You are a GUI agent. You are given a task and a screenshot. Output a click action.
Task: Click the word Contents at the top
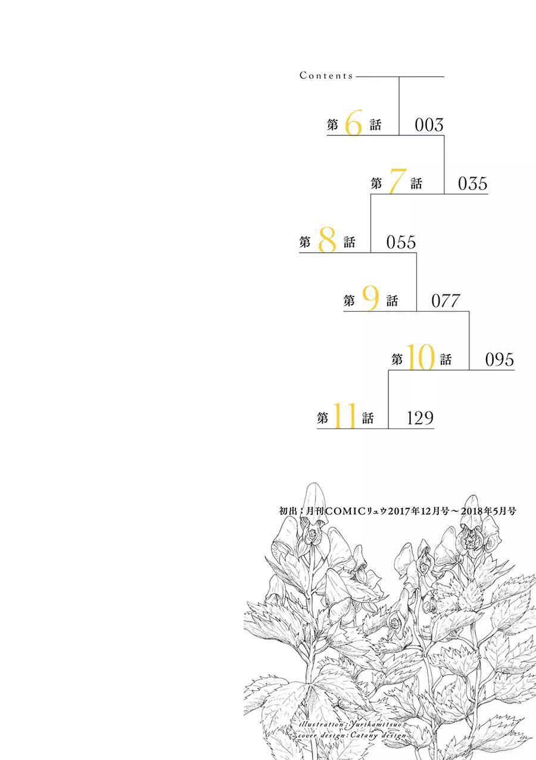pos(326,75)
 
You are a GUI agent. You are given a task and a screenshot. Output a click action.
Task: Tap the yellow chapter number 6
pos(354,122)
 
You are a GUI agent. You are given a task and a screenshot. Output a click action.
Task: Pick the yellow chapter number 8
pos(327,240)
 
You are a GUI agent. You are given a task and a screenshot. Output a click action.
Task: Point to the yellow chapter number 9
pos(370,298)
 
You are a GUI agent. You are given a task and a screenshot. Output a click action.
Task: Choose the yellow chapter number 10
pos(420,357)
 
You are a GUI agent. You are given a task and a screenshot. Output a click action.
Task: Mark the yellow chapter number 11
pos(344,415)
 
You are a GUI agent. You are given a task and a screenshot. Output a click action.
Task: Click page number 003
pos(429,125)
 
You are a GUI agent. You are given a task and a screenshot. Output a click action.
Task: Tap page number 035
pos(473,184)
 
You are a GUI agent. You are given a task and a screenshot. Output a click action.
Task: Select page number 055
pos(401,242)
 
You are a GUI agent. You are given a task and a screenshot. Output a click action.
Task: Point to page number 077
pos(446,301)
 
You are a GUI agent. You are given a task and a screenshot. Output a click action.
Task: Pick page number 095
pos(500,359)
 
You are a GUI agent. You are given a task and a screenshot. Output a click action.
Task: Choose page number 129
pos(420,418)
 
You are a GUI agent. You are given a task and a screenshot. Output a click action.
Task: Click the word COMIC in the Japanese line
pos(345,511)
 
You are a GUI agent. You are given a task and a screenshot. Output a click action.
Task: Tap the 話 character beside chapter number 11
pos(367,418)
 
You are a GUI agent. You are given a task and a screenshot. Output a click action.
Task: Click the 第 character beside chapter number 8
pos(304,242)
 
